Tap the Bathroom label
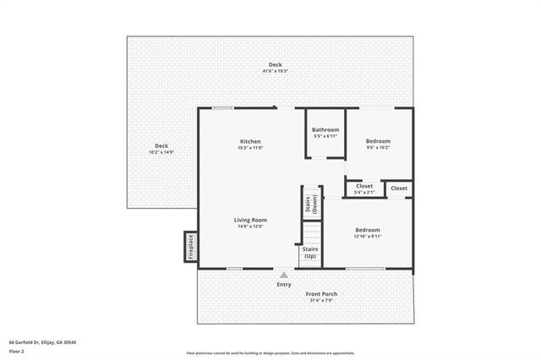click(x=325, y=129)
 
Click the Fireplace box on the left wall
click(x=191, y=246)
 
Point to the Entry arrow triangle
click(x=284, y=275)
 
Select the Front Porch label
click(x=322, y=294)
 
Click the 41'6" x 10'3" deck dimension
click(x=275, y=71)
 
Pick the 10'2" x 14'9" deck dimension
click(x=161, y=152)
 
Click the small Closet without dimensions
click(x=399, y=188)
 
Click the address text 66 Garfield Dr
click(x=42, y=342)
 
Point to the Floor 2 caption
click(x=17, y=351)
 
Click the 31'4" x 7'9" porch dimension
click(x=322, y=300)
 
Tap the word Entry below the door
click(x=284, y=284)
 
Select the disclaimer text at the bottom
click(x=270, y=353)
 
